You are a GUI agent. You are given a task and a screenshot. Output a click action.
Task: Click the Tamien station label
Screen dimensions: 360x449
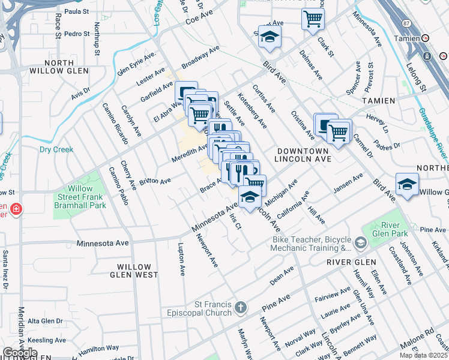408,38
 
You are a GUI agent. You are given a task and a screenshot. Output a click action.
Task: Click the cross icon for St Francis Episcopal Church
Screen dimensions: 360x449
240,308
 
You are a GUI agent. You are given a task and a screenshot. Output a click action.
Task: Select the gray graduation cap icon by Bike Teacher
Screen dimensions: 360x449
360,243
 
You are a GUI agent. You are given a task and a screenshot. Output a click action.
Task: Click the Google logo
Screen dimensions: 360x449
20,353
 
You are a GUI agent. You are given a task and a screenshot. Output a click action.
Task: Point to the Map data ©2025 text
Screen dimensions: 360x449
423,355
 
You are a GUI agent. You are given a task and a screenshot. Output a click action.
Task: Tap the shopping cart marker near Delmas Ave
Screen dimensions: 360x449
313,20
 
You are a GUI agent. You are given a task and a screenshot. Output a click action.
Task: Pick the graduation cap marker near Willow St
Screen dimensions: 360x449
407,185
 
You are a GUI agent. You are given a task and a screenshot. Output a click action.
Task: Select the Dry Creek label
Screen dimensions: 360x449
56,149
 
